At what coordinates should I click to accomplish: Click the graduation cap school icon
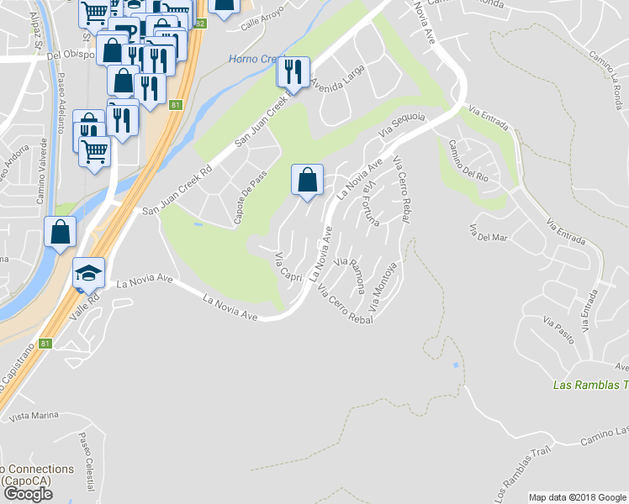pyautogui.click(x=88, y=273)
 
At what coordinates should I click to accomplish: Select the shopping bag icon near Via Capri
pyautogui.click(x=307, y=180)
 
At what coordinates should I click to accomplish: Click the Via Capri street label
pyautogui.click(x=288, y=267)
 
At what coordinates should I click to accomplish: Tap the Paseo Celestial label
pyautogui.click(x=87, y=461)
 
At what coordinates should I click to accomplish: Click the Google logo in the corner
pyautogui.click(x=28, y=494)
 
